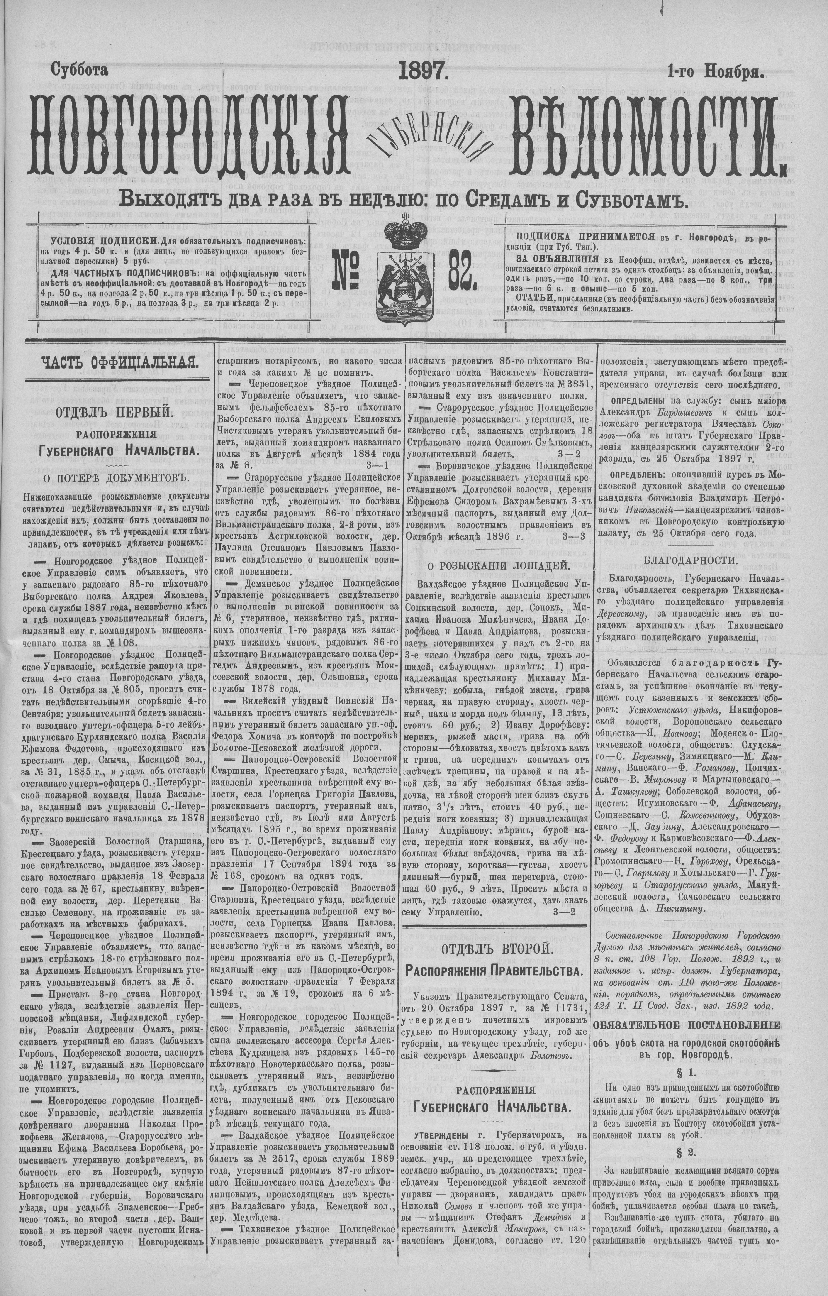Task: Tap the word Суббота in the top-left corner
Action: [x=79, y=70]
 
